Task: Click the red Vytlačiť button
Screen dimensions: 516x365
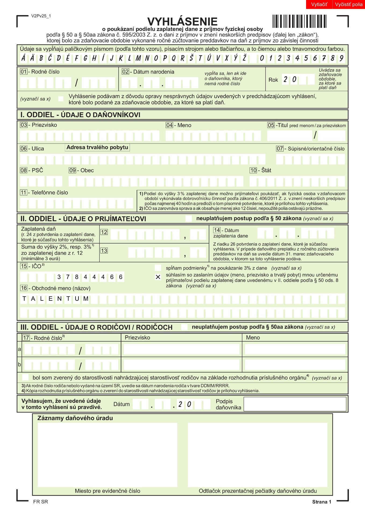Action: click(x=319, y=5)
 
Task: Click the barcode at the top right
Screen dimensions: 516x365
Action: click(x=299, y=21)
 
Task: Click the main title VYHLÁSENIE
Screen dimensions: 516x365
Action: click(x=182, y=21)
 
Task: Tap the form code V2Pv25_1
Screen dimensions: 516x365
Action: click(x=41, y=16)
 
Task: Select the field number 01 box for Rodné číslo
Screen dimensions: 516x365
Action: click(x=24, y=72)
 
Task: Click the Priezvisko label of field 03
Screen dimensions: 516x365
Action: click(x=44, y=125)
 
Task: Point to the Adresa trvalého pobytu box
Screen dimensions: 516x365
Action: click(x=97, y=147)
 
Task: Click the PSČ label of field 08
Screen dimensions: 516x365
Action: click(x=37, y=170)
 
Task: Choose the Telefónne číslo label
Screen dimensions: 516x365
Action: click(x=49, y=192)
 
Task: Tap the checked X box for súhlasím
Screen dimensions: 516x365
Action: click(x=158, y=277)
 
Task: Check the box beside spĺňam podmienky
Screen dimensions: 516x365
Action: click(x=158, y=268)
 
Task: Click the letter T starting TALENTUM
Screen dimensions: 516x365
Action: click(x=24, y=299)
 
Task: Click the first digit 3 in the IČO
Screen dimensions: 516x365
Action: click(x=59, y=277)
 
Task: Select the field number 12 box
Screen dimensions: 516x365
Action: click(x=104, y=232)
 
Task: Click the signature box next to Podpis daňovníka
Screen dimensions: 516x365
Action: click(x=295, y=404)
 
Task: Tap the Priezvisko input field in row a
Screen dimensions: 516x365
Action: click(x=181, y=349)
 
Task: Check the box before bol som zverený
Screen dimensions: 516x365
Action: click(x=25, y=377)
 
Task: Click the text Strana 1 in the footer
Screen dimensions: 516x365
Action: click(x=321, y=502)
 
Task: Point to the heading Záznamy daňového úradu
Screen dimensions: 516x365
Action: click(x=75, y=418)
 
